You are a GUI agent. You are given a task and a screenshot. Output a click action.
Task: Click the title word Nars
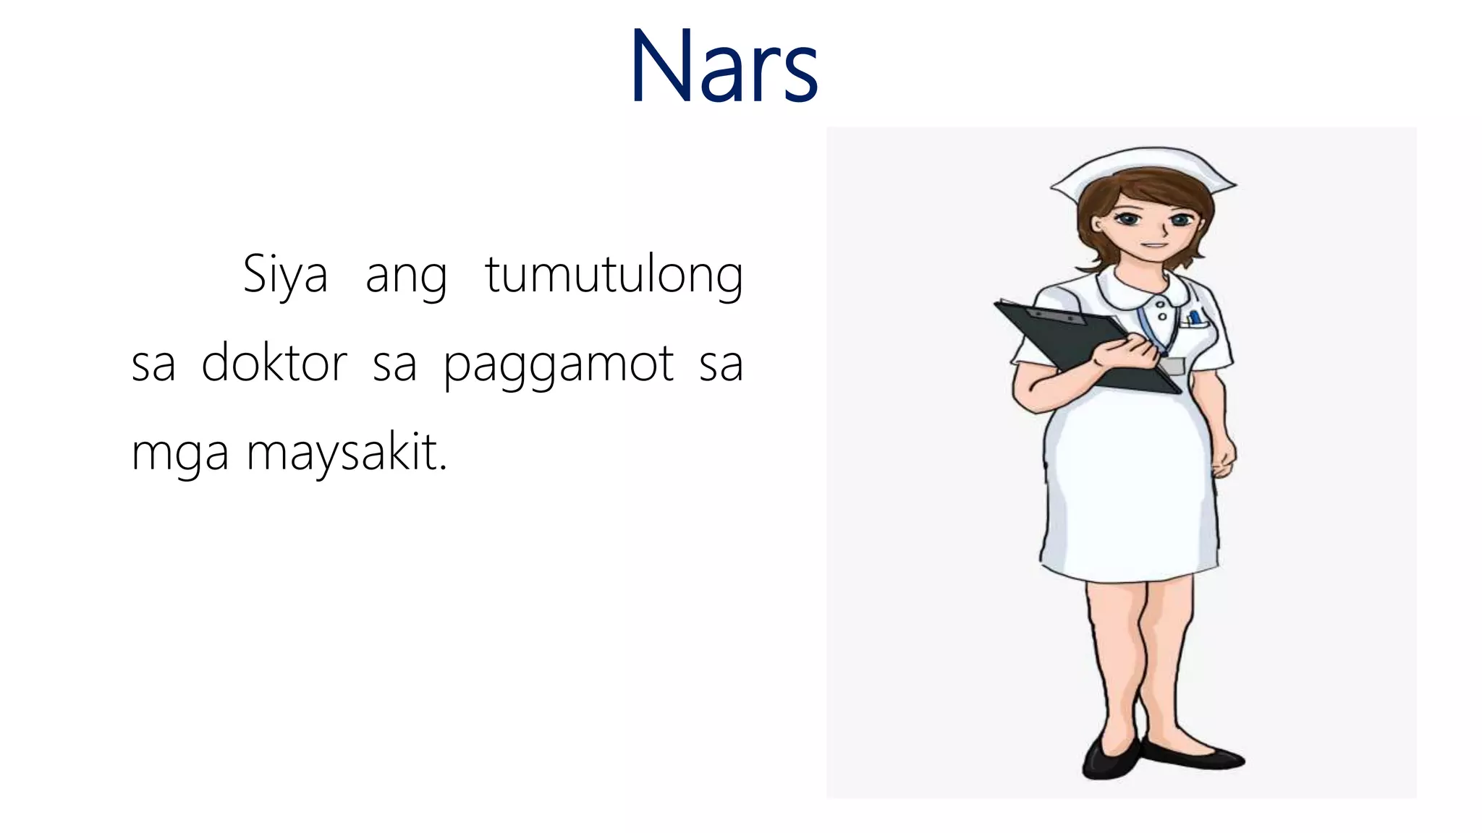[724, 67]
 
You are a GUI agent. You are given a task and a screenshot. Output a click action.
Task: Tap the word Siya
[285, 275]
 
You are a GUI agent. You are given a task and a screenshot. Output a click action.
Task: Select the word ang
[406, 277]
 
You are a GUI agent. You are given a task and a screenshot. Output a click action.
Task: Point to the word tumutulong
[614, 275]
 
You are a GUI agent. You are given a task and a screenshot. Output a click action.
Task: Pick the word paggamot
[559, 365]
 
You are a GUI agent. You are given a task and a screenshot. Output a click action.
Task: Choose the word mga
[179, 454]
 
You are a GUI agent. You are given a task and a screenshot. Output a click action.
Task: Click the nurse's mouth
[1153, 244]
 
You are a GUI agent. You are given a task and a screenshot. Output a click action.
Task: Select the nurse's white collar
[1143, 289]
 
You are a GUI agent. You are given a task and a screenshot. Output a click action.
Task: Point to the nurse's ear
[1097, 225]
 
